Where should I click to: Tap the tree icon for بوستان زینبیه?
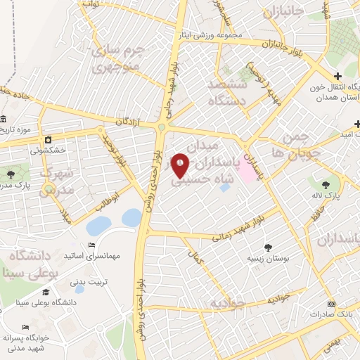pyautogui.click(x=268, y=246)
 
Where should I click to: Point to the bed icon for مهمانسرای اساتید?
pyautogui.click(x=91, y=245)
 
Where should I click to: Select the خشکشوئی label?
pyautogui.click(x=48, y=150)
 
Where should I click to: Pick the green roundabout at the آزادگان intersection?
pyautogui.click(x=162, y=127)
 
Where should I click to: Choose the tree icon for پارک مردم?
pyautogui.click(x=10, y=172)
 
